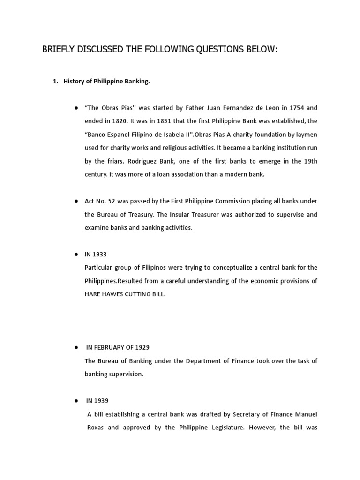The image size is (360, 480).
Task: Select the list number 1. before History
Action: tap(55, 82)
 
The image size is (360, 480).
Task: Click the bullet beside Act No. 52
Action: tap(75, 201)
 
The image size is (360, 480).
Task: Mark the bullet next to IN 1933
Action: tap(75, 254)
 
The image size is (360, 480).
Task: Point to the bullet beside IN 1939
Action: tap(75, 401)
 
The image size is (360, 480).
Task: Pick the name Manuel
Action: tap(307, 414)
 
